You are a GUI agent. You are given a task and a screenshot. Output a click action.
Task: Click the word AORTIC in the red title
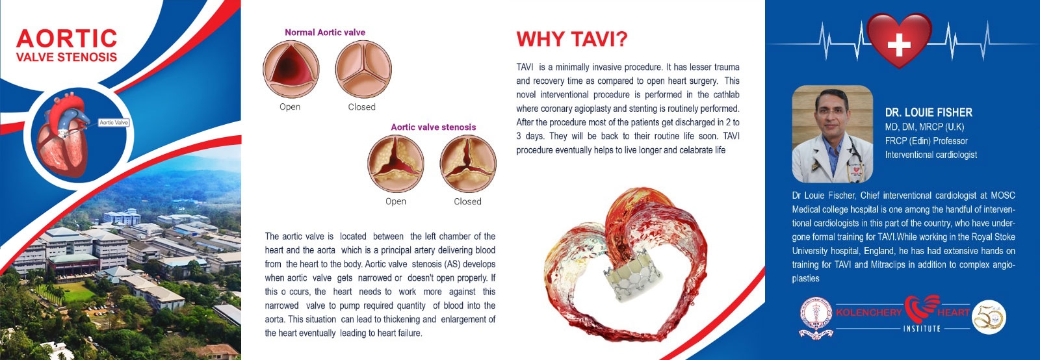tap(66, 38)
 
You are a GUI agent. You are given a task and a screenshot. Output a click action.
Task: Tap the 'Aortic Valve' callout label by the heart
tap(114, 122)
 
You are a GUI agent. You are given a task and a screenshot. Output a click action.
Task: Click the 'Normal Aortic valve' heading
tap(325, 32)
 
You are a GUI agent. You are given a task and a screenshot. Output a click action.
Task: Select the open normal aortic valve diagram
tap(291, 69)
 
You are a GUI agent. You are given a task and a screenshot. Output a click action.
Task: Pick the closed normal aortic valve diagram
tap(363, 69)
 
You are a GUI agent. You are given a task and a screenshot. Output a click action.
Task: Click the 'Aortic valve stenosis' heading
tap(433, 127)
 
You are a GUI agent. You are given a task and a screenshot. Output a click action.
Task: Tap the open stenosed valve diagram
tap(396, 163)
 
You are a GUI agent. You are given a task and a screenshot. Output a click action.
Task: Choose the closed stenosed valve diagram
tap(468, 163)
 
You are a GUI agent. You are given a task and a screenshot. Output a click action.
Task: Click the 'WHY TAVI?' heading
tap(572, 39)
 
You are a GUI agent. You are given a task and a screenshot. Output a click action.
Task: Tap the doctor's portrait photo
tap(833, 134)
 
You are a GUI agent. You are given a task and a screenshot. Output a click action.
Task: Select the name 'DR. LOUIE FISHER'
tap(929, 112)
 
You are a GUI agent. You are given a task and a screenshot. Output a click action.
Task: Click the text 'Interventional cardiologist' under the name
tap(931, 155)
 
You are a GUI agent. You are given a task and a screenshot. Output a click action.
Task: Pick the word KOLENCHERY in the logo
tap(868, 313)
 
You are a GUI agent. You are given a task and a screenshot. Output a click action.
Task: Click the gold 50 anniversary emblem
tap(989, 317)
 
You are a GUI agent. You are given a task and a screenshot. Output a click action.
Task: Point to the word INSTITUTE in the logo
tap(922, 328)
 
